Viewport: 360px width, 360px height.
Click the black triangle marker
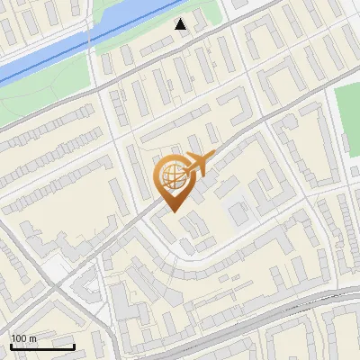pyautogui.click(x=181, y=24)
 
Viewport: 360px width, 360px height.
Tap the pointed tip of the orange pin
pyautogui.click(x=174, y=212)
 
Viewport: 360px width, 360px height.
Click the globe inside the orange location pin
pyautogui.click(x=172, y=176)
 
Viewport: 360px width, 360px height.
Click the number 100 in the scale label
pyautogui.click(x=19, y=337)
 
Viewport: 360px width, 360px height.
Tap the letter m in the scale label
pyautogui.click(x=33, y=337)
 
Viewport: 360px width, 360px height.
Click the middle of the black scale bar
pyautogui.click(x=42, y=346)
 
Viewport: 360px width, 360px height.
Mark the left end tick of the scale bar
pyautogui.click(x=11, y=345)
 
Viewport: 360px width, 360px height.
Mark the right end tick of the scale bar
pyautogui.click(x=74, y=345)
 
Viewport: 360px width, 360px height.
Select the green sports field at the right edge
pyautogui.click(x=348, y=108)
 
